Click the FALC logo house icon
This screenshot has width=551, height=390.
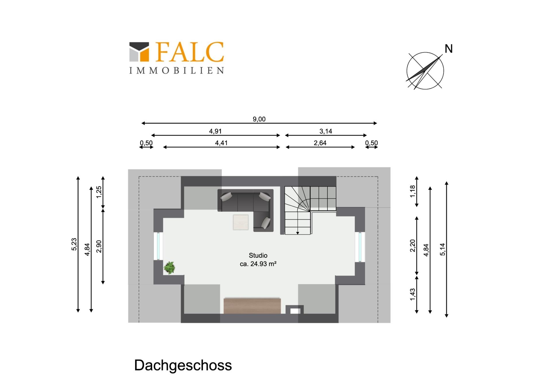pyautogui.click(x=139, y=52)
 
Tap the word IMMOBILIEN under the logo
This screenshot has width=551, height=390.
pyautogui.click(x=176, y=71)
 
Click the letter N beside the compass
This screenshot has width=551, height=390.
pyautogui.click(x=449, y=49)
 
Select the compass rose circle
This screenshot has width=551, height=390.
pyautogui.click(x=425, y=71)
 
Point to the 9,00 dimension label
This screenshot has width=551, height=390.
pyautogui.click(x=259, y=119)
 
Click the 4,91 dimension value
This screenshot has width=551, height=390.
pyautogui.click(x=215, y=131)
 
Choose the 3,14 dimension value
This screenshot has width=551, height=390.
pyautogui.click(x=326, y=131)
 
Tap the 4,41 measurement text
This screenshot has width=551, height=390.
pyautogui.click(x=221, y=143)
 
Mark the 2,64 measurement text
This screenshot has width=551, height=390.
pyautogui.click(x=320, y=143)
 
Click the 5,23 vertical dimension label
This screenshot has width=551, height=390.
pyautogui.click(x=74, y=244)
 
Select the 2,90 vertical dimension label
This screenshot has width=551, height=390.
pyautogui.click(x=99, y=246)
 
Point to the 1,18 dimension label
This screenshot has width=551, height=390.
pyautogui.click(x=413, y=191)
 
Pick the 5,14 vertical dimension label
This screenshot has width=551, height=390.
pyautogui.click(x=443, y=249)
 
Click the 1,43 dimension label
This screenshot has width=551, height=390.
pyautogui.click(x=413, y=295)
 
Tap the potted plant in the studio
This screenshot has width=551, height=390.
pyautogui.click(x=169, y=268)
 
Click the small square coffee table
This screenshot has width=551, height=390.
pyautogui.click(x=240, y=222)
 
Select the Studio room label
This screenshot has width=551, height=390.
pyautogui.click(x=258, y=255)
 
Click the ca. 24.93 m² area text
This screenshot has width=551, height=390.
pyautogui.click(x=258, y=264)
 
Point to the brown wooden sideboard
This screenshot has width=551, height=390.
pyautogui.click(x=252, y=306)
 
